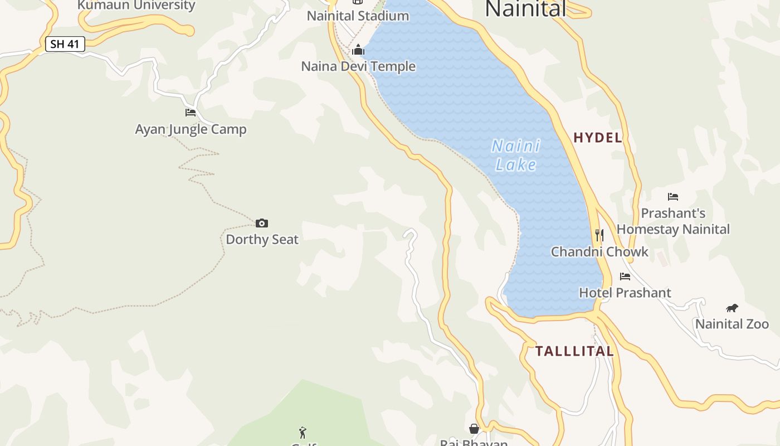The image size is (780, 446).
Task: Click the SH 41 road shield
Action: click(x=65, y=45)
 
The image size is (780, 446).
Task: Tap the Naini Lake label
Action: click(x=516, y=155)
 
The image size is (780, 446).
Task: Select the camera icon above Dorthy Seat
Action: click(x=262, y=224)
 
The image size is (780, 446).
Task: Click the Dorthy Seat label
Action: click(x=262, y=240)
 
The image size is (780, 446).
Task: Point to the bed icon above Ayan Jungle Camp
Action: click(x=191, y=113)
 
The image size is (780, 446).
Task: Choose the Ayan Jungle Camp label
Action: click(x=191, y=129)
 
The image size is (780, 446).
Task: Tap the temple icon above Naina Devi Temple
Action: click(x=358, y=50)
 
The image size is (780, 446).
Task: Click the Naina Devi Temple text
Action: click(x=358, y=66)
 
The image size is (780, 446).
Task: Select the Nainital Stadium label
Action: click(x=358, y=16)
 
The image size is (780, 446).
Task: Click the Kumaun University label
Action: click(x=136, y=6)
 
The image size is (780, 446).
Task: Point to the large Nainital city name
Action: click(x=525, y=8)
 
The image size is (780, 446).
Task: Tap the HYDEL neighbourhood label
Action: click(x=598, y=138)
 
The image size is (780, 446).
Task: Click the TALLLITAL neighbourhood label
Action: click(x=574, y=351)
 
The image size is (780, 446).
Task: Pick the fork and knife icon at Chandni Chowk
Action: click(x=599, y=235)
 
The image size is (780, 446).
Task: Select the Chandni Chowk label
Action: click(x=599, y=252)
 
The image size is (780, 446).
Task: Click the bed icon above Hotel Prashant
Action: click(x=625, y=277)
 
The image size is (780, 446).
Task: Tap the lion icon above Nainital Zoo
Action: click(x=732, y=308)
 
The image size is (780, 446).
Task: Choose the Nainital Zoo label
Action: click(x=732, y=324)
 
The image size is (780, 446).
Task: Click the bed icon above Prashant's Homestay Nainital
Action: click(x=673, y=197)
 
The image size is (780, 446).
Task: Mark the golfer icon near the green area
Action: click(x=303, y=432)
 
